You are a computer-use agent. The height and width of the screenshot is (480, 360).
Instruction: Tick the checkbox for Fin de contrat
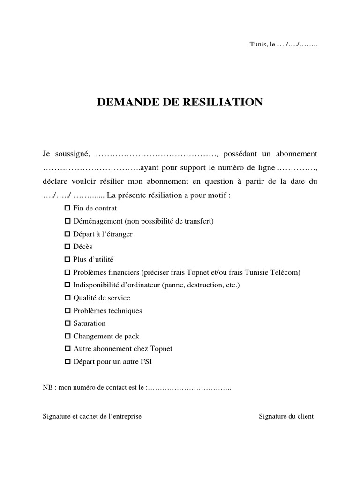pyautogui.click(x=67, y=208)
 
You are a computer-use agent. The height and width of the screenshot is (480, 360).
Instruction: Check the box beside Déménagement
pyautogui.click(x=67, y=221)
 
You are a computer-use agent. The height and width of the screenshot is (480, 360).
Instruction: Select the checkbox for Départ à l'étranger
pyautogui.click(x=67, y=233)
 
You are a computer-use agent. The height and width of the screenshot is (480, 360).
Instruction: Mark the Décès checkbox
pyautogui.click(x=67, y=246)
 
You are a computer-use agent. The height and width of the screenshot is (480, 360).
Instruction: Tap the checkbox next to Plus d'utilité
pyautogui.click(x=67, y=259)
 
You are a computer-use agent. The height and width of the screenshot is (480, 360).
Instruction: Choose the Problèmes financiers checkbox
pyautogui.click(x=67, y=272)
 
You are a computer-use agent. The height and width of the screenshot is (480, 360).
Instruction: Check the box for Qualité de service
pyautogui.click(x=67, y=298)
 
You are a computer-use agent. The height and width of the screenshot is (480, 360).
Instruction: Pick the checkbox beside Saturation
pyautogui.click(x=67, y=323)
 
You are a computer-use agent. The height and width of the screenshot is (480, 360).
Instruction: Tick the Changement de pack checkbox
pyautogui.click(x=67, y=336)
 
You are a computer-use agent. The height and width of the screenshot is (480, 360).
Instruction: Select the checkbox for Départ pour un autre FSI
pyautogui.click(x=67, y=361)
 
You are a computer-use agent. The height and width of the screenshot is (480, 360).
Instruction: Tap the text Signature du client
pyautogui.click(x=286, y=416)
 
